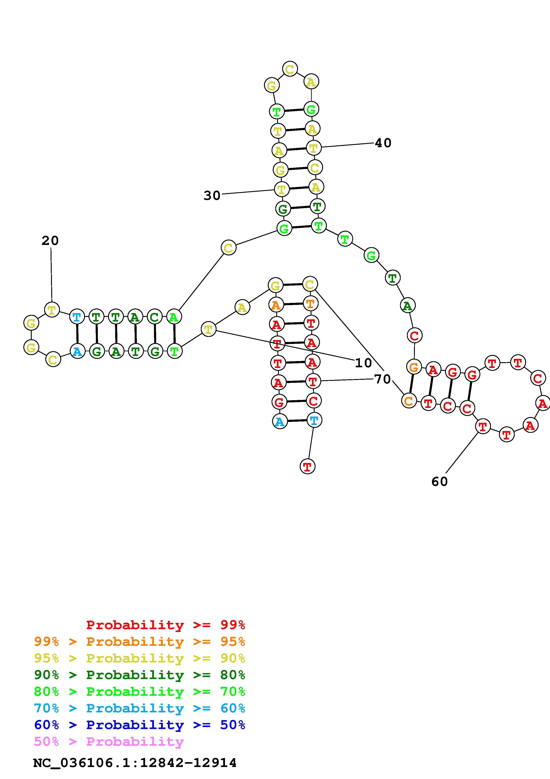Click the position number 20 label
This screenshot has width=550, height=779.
[x=50, y=241]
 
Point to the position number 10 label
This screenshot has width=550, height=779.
[x=363, y=363]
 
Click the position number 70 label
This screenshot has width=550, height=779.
[x=382, y=379]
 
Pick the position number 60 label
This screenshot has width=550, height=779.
[x=440, y=481]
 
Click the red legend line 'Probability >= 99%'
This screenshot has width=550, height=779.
[x=166, y=625]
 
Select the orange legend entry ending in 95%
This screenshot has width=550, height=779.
[x=140, y=642]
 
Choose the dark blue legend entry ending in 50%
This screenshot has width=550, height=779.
[x=140, y=725]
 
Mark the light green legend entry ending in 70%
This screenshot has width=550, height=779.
[x=140, y=692]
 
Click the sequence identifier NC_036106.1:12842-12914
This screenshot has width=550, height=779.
[x=135, y=763]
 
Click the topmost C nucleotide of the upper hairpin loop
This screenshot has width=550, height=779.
[x=290, y=69]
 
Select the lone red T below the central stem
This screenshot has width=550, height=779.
[x=307, y=467]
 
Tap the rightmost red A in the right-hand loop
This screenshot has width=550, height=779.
[x=542, y=403]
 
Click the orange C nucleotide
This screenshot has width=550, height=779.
[x=409, y=401]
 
